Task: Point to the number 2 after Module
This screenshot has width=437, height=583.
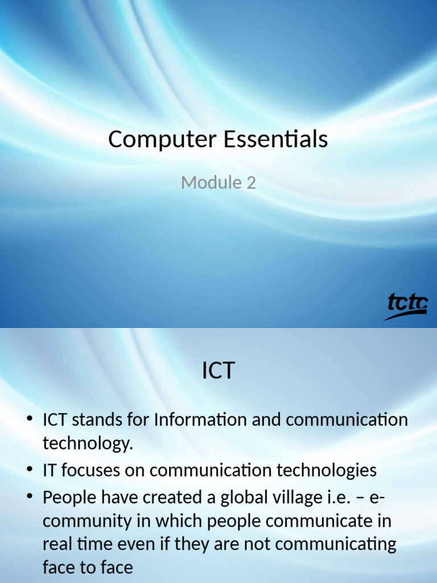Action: pos(251,183)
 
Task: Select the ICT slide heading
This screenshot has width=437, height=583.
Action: pos(218,371)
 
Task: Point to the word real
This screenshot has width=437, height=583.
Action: pos(57,544)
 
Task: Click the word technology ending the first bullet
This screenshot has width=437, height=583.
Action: pos(87,444)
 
